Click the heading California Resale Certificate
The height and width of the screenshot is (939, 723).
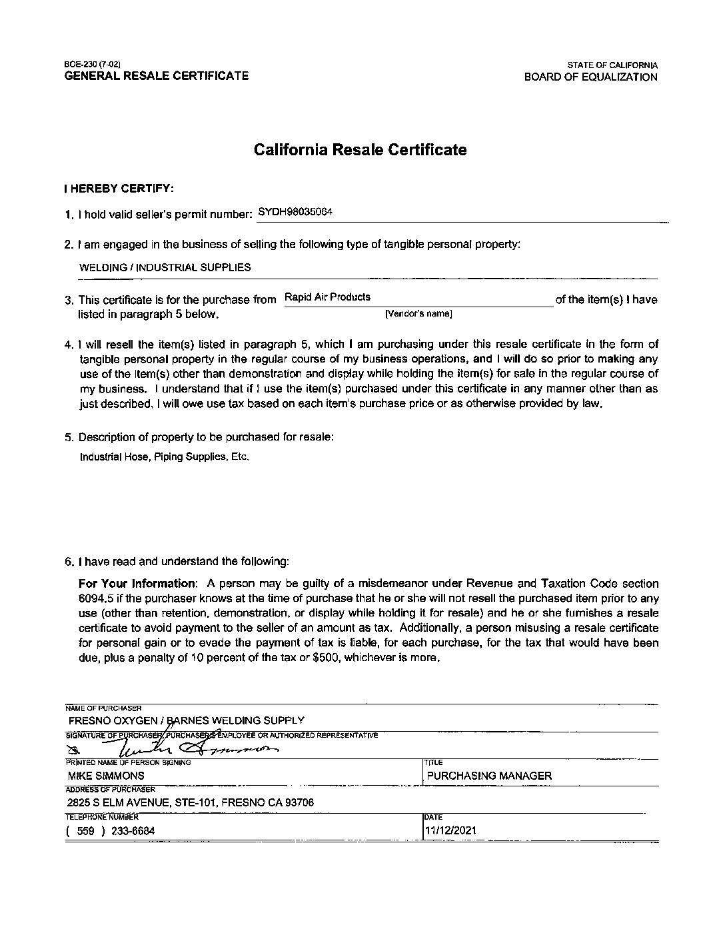(x=360, y=150)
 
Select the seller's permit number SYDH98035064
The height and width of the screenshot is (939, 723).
(x=295, y=212)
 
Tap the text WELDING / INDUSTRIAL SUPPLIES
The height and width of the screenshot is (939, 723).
(x=165, y=268)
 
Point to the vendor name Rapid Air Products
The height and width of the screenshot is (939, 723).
(x=327, y=297)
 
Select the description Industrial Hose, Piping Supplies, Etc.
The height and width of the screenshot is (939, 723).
(x=165, y=457)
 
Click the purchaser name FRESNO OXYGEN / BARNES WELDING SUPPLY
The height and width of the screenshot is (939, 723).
(x=186, y=720)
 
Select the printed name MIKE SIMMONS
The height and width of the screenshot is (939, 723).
(x=106, y=776)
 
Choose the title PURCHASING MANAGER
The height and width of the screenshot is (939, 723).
(x=489, y=776)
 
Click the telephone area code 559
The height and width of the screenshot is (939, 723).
(x=86, y=830)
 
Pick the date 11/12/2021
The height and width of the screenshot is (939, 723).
(x=451, y=830)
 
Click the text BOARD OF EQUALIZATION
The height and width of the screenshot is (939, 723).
(x=590, y=77)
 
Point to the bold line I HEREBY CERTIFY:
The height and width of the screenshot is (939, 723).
(x=119, y=189)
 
